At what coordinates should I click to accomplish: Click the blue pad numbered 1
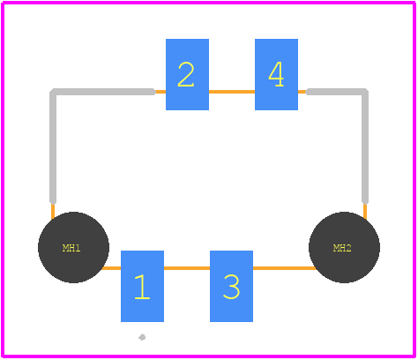142,286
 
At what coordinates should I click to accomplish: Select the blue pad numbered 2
187,74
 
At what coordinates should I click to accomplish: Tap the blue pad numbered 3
231,286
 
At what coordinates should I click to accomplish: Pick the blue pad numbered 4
276,74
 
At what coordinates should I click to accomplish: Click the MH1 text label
71,248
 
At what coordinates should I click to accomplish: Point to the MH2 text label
342,248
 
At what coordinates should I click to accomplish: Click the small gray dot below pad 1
142,337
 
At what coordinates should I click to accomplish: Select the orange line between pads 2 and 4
232,92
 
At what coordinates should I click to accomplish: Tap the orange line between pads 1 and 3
187,268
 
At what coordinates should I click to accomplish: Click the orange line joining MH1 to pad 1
111,268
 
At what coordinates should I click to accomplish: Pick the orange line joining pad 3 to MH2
284,268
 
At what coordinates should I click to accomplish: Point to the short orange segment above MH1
53,211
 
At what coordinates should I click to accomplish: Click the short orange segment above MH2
365,211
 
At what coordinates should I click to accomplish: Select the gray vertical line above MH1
53,147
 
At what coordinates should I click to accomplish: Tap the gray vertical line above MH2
365,147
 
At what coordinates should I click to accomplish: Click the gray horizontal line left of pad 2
103,92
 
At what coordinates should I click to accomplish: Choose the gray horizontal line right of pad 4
337,92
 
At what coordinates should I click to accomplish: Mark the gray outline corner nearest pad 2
53,92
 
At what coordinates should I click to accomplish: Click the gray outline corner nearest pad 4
365,92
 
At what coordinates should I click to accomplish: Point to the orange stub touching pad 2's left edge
160,92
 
